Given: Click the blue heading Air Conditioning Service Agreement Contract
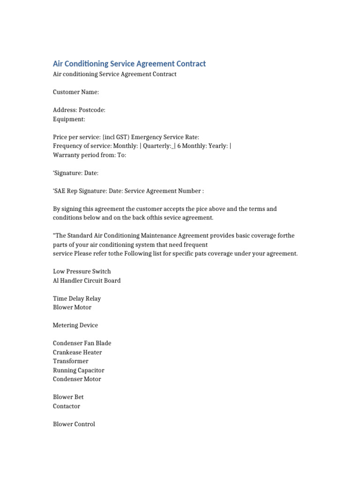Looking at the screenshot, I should click(x=129, y=64).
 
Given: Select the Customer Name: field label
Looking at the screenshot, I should click(x=76, y=92).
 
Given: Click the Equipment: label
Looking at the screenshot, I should click(x=69, y=119).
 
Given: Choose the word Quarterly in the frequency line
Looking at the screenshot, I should click(x=157, y=146).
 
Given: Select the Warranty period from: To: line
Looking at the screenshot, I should click(x=90, y=155).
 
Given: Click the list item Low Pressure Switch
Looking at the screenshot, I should click(x=82, y=271).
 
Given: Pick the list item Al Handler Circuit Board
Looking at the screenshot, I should click(x=87, y=280).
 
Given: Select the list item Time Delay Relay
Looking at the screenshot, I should click(x=77, y=299).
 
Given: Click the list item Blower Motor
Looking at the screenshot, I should click(x=72, y=307).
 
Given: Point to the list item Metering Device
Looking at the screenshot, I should click(x=75, y=325).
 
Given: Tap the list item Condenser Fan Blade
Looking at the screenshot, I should click(x=82, y=343).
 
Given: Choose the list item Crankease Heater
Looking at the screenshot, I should click(x=77, y=352).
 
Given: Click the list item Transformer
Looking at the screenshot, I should click(x=70, y=361).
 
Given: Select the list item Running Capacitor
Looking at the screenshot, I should click(x=79, y=370).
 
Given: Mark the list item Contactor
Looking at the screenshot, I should click(x=67, y=406).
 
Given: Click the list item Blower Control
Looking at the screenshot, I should click(x=74, y=424).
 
